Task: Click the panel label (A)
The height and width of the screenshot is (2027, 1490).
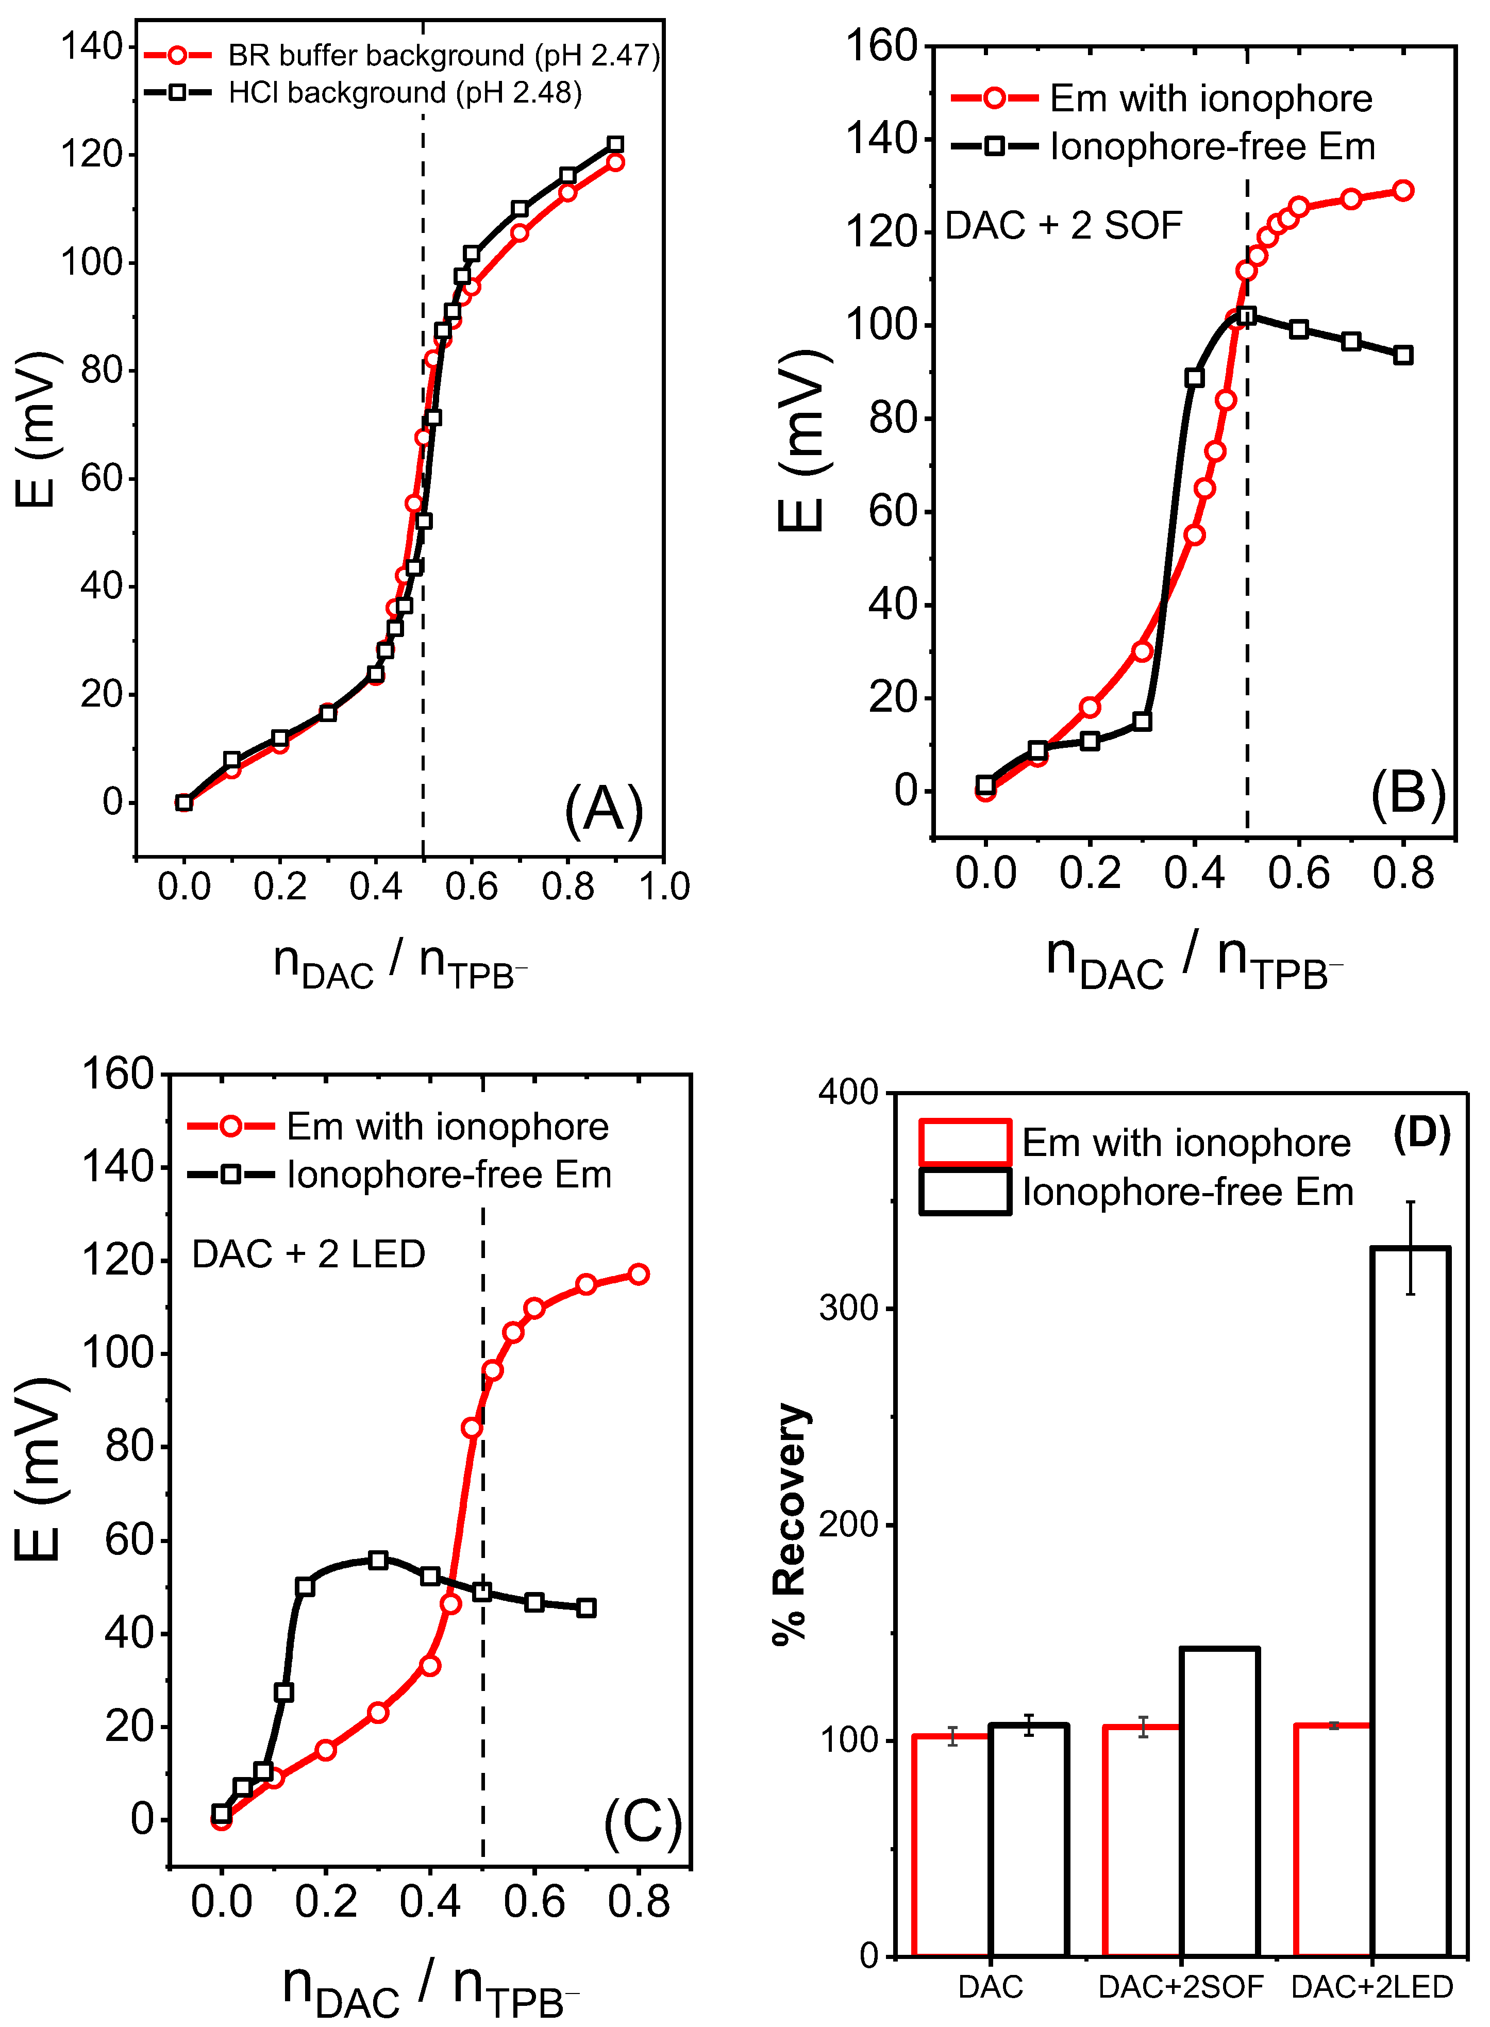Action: (x=604, y=809)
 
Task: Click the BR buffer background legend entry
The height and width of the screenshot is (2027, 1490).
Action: (x=442, y=56)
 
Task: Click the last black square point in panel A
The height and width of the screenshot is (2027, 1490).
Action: (x=615, y=144)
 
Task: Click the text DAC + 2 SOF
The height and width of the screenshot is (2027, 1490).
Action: (x=1063, y=225)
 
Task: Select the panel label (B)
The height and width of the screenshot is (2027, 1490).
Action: (x=1407, y=794)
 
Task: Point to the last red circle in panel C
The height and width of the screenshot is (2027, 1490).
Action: (x=639, y=1274)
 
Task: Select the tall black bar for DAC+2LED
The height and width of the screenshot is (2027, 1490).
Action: (x=1411, y=1605)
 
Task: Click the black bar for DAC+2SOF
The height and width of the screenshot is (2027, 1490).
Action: (x=1219, y=1803)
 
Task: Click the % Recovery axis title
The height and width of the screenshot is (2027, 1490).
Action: (x=791, y=1524)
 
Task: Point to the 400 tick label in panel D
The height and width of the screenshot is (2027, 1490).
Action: (x=848, y=1093)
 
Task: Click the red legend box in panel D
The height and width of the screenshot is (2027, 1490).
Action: (x=964, y=1143)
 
